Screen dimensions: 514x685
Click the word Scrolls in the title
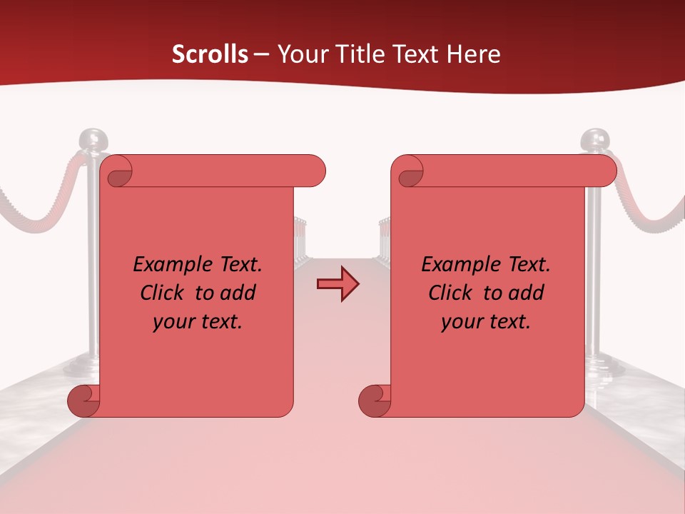point(210,54)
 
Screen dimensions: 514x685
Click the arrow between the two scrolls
point(338,283)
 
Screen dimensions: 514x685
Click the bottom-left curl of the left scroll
point(83,401)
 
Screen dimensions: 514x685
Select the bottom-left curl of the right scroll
point(374,401)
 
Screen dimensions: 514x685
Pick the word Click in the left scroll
point(165,293)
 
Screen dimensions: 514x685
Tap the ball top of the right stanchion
point(594,139)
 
